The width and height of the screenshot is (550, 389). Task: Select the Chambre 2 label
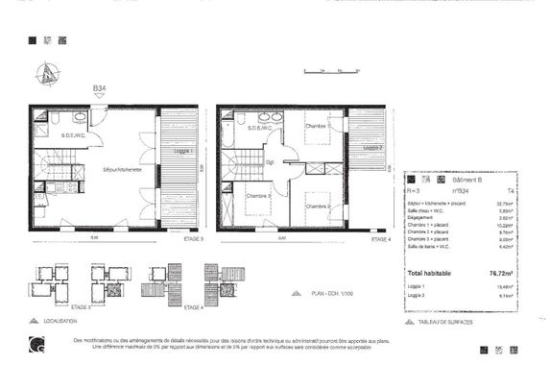(318, 207)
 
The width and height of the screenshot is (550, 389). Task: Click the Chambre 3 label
(257, 196)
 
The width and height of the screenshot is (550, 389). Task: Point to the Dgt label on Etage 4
(272, 161)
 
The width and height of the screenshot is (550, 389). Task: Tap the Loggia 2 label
(373, 148)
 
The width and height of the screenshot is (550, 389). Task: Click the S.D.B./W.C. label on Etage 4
(261, 128)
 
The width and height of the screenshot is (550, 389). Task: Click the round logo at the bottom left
(36, 340)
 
